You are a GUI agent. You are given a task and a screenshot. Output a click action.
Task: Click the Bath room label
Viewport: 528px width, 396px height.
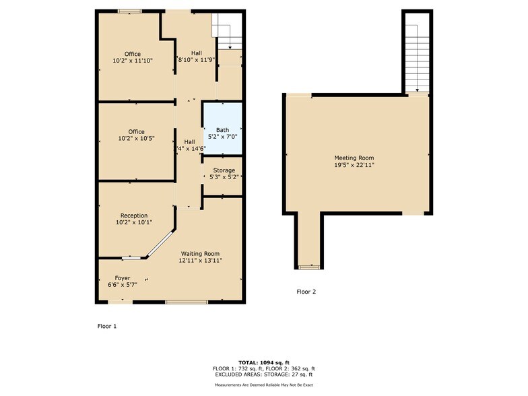pyautogui.click(x=223, y=129)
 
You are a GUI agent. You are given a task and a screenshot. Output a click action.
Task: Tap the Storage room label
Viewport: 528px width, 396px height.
pyautogui.click(x=224, y=170)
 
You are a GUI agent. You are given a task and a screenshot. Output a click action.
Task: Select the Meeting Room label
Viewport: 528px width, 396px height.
pyautogui.click(x=354, y=158)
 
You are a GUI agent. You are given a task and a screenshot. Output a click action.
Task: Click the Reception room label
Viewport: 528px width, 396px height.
pyautogui.click(x=133, y=216)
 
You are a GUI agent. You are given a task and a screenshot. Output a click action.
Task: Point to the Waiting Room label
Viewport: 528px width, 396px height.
pyautogui.click(x=200, y=253)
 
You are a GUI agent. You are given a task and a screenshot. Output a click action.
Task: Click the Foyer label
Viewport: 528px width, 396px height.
pyautogui.click(x=122, y=278)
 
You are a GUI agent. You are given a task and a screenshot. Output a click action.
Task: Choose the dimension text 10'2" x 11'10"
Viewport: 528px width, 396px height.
pyautogui.click(x=133, y=61)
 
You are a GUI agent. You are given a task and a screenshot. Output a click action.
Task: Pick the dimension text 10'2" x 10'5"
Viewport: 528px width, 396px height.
pyautogui.click(x=137, y=138)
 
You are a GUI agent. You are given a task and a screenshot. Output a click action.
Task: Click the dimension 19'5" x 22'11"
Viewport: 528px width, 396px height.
pyautogui.click(x=354, y=164)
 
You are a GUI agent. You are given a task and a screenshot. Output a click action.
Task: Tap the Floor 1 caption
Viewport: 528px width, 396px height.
pyautogui.click(x=107, y=325)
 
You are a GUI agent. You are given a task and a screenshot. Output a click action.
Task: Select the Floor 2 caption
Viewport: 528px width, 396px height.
pyautogui.click(x=306, y=292)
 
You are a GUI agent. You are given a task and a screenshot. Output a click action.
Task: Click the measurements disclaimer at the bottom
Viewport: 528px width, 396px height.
pyautogui.click(x=263, y=385)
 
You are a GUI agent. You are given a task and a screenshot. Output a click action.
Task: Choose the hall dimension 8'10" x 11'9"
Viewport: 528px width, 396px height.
pyautogui.click(x=196, y=60)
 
